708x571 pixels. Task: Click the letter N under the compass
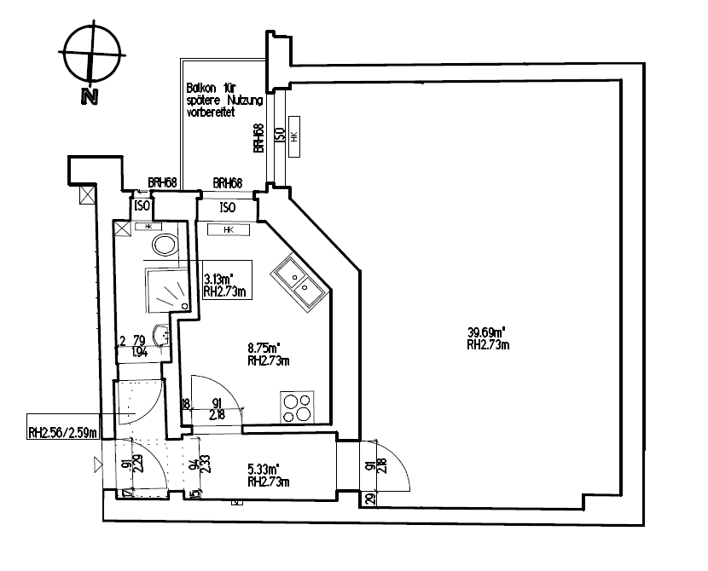88,97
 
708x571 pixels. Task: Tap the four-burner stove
297,407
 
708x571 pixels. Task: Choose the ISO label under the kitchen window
227,207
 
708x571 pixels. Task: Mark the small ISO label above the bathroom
142,206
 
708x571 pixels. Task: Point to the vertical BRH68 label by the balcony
258,138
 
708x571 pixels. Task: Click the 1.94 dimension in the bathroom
140,351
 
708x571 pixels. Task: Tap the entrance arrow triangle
96,465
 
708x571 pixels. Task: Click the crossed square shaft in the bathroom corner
122,228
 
